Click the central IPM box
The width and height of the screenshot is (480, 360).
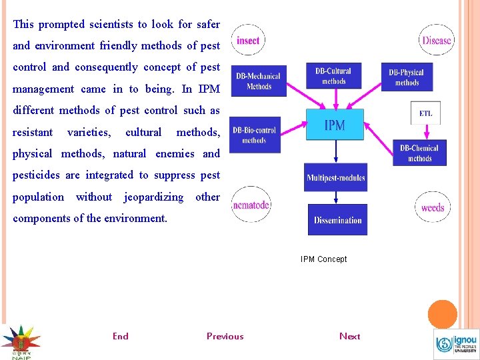click(335, 125)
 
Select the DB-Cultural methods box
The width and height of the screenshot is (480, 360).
click(333, 76)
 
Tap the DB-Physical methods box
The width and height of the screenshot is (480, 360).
click(407, 77)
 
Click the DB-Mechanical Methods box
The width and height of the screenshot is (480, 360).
click(259, 81)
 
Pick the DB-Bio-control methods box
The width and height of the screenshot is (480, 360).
click(254, 135)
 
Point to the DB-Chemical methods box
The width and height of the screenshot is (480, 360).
click(419, 153)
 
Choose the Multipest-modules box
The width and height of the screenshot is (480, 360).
click(336, 178)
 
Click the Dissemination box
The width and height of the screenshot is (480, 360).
click(337, 219)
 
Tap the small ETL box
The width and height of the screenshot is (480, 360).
click(425, 113)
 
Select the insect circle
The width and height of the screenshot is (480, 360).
click(248, 41)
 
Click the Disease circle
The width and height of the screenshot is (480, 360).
click(437, 40)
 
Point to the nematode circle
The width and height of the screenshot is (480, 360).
click(251, 205)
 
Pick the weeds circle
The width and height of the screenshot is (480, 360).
click(433, 207)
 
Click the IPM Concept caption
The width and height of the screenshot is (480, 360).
click(323, 259)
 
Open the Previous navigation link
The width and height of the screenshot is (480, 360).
click(225, 336)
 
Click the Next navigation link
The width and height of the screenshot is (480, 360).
click(349, 336)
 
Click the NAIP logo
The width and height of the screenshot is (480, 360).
click(20, 342)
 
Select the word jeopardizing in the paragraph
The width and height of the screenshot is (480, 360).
click(153, 197)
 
